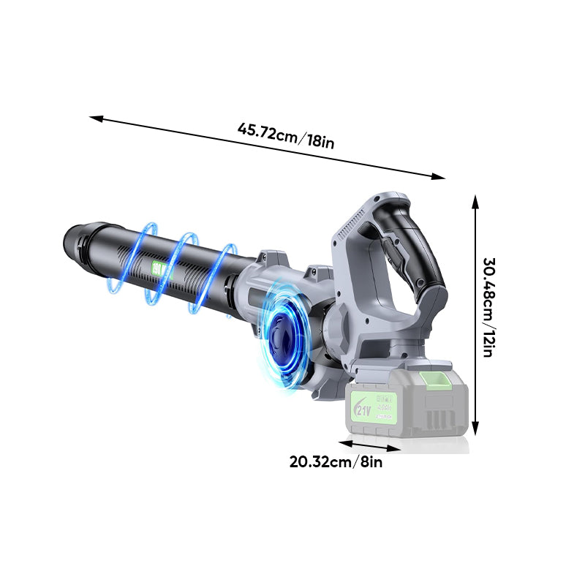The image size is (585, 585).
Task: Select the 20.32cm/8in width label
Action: tap(336, 462)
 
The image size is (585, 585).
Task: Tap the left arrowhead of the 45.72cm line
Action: tap(94, 117)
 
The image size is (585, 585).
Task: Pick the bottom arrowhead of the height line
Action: tap(475, 431)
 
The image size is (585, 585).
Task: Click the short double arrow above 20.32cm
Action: tap(369, 446)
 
